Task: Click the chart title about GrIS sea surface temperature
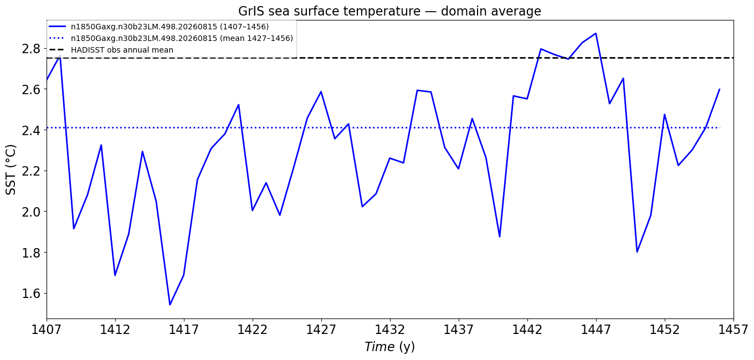(x=389, y=11)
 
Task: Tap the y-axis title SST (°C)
(x=11, y=170)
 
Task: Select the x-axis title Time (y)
(x=389, y=347)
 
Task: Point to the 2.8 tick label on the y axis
(x=31, y=49)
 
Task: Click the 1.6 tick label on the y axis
(x=31, y=294)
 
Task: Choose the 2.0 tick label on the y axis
(x=31, y=212)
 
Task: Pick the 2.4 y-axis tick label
(x=31, y=131)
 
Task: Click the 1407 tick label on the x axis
(x=47, y=330)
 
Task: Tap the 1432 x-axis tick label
(x=390, y=330)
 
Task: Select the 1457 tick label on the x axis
(x=734, y=330)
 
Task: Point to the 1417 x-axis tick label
(x=184, y=330)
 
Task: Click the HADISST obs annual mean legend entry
(x=111, y=50)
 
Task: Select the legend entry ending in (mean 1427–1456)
(x=171, y=38)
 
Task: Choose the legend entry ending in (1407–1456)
(x=159, y=27)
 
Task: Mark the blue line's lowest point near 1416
(x=170, y=305)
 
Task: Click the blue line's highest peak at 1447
(x=596, y=33)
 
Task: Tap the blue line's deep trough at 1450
(x=637, y=252)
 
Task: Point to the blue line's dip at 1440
(x=500, y=237)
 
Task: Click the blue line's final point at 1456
(x=720, y=89)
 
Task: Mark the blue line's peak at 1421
(x=239, y=105)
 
